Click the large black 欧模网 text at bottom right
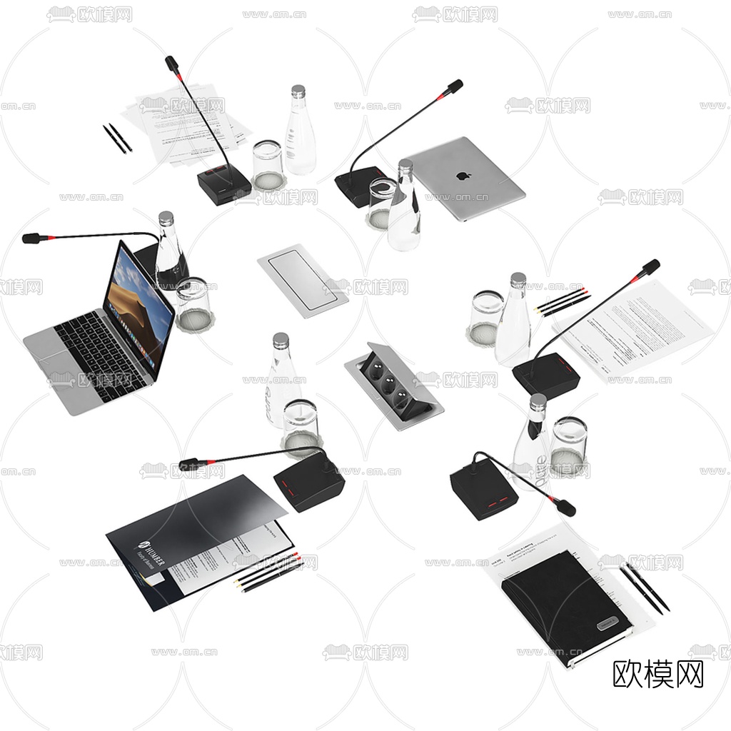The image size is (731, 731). click(658, 674)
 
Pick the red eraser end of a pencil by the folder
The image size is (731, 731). click(296, 556)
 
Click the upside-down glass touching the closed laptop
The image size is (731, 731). click(381, 202)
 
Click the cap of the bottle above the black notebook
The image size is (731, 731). click(538, 400)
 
